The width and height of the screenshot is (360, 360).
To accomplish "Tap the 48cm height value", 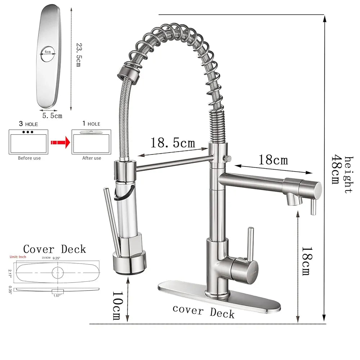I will (x=336, y=169).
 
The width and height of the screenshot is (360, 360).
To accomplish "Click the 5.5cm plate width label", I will (x=52, y=116).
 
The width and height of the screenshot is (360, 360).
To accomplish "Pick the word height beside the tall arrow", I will (x=348, y=175).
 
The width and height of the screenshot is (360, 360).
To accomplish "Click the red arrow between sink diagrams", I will (x=60, y=143).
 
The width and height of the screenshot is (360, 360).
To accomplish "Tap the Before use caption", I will (x=29, y=158).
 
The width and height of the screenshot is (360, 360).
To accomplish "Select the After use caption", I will (x=91, y=158).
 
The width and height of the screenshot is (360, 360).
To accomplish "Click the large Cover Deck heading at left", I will (x=54, y=249).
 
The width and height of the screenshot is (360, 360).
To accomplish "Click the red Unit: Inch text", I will (x=18, y=257).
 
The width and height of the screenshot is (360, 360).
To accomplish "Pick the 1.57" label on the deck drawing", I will (x=58, y=296).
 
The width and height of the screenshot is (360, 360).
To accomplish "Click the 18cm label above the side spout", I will (x=273, y=159).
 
